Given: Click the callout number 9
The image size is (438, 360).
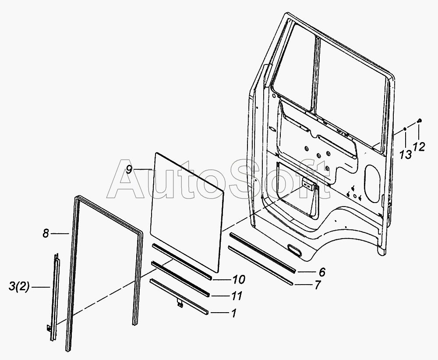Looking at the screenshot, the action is [x=129, y=170].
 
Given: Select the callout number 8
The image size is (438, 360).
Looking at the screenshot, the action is [x=46, y=234].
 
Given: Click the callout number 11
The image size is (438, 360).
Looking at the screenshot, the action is [x=236, y=296].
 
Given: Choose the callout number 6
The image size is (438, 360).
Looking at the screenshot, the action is [x=322, y=272].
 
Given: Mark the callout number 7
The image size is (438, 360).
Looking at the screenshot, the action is [x=318, y=285].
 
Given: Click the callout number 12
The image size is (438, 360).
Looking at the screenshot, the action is [x=419, y=147].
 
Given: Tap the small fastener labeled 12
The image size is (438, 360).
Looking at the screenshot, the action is [x=420, y=121].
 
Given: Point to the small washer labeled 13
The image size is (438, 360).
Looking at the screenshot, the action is [x=405, y=129].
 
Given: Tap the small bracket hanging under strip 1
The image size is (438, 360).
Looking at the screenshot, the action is [x=180, y=303].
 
